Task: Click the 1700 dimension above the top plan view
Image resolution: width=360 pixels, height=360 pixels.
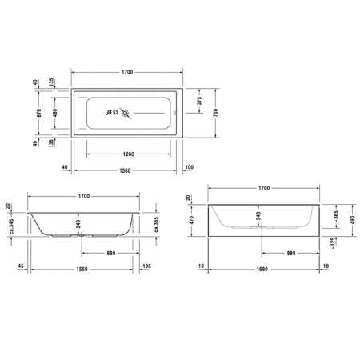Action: [126, 72]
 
